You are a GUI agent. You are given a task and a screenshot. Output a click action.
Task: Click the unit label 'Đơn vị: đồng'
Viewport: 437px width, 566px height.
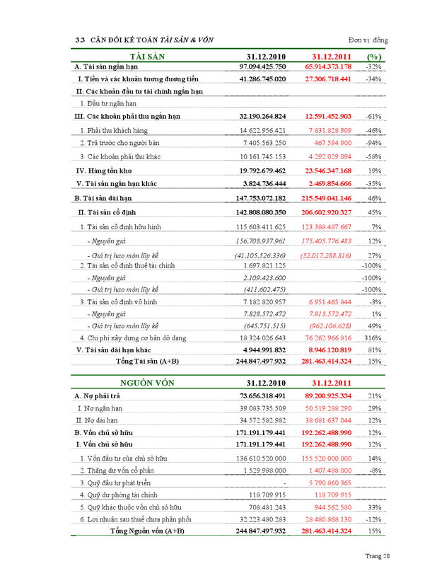[368, 40]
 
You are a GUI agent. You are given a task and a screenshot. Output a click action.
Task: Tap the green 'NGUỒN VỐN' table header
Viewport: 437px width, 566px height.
[147, 383]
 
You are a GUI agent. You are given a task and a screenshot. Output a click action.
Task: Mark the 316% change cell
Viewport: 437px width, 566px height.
[373, 338]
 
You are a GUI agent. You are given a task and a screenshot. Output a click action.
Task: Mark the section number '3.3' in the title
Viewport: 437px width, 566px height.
[80, 40]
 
